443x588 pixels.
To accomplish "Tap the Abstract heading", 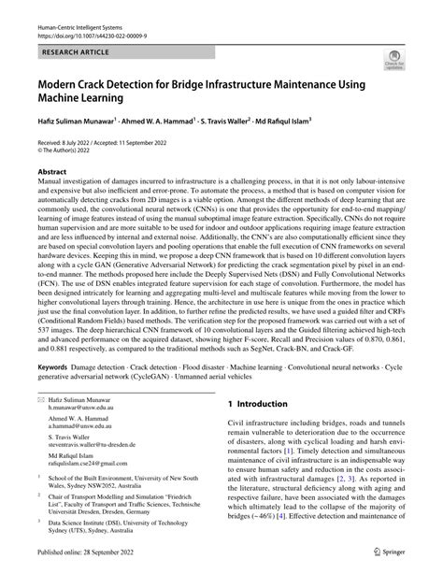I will [x=51, y=173].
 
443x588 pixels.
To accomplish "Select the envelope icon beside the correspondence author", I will [x=40, y=425].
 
